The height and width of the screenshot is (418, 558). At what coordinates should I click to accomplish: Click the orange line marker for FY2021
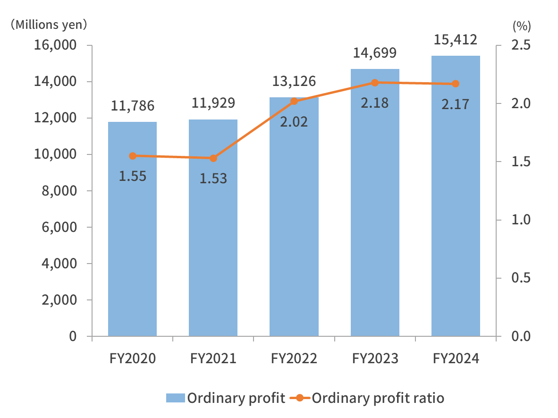213,158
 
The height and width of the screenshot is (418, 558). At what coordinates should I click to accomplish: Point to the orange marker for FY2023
375,83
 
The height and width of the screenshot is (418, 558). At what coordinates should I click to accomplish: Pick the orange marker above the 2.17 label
456,84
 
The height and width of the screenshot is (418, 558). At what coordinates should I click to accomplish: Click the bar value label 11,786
133,106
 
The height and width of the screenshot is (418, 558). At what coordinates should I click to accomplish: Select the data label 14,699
375,52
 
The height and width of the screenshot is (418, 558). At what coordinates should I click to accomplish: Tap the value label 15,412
456,39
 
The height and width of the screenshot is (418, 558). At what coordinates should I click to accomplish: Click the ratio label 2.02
294,122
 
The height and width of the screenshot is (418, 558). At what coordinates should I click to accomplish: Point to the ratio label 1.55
133,176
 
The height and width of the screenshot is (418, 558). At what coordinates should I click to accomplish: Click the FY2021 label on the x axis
213,359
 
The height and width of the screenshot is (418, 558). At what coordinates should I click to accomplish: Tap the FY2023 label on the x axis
375,359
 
